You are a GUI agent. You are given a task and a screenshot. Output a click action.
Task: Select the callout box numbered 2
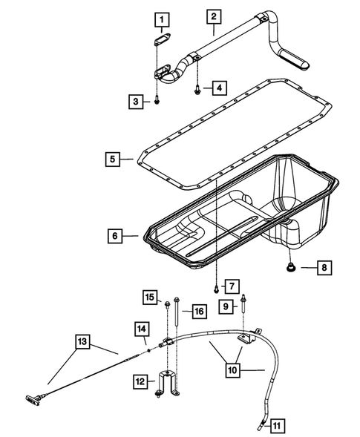point(213,16)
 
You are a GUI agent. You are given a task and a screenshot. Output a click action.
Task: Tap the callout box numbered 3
point(135,102)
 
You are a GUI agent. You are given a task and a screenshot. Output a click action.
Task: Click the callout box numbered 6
point(115,237)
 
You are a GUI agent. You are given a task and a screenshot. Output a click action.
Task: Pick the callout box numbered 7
point(231,285)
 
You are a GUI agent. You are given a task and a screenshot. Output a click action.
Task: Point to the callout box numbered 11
point(275,425)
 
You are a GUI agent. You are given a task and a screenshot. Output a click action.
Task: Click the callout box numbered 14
point(142,328)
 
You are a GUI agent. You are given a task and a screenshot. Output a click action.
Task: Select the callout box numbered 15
point(151,298)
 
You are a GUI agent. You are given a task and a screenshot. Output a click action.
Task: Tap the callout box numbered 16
point(198,311)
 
